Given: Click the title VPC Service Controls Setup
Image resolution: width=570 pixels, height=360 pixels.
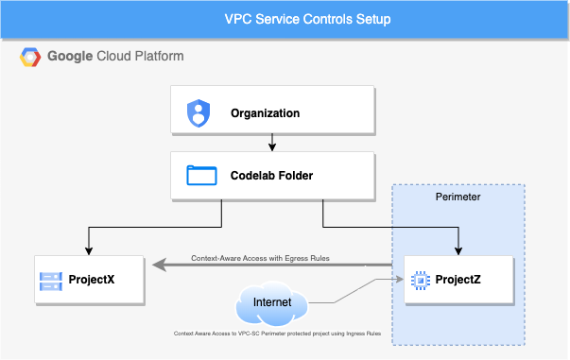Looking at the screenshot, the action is (307, 19).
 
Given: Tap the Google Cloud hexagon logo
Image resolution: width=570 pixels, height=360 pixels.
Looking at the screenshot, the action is (30, 57).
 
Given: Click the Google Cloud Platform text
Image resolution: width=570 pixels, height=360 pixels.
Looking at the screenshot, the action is (115, 57).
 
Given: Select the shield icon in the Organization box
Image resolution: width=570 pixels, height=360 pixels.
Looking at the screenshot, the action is (199, 113).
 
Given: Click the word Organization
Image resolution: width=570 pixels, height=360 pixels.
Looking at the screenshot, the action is (265, 113).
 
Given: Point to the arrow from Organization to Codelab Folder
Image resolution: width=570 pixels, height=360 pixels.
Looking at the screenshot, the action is (272, 143).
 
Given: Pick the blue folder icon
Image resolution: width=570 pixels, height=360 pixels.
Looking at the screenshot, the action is (201, 176).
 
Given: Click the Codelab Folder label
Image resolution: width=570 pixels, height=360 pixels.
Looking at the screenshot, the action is (271, 176).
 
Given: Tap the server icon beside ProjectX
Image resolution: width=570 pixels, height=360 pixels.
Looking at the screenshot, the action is (51, 282).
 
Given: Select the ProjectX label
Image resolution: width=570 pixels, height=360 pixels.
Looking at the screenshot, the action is (92, 280).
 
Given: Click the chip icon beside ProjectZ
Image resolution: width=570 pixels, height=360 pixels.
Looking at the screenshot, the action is (421, 281).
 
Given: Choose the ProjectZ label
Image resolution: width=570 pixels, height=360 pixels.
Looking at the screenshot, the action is (458, 280).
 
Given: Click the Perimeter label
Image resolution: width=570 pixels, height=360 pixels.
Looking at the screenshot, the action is (458, 197).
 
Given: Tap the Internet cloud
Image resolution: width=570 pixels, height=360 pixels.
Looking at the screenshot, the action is (272, 303).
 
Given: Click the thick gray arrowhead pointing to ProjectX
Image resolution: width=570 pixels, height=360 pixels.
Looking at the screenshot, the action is (159, 265).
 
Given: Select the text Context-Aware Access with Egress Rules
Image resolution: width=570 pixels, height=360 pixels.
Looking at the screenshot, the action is (260, 258).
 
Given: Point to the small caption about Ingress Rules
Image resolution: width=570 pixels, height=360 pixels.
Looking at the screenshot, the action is (277, 334).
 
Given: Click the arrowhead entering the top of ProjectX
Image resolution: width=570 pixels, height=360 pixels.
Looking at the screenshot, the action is (89, 251).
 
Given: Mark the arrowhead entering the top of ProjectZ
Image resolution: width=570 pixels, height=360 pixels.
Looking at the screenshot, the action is (458, 251).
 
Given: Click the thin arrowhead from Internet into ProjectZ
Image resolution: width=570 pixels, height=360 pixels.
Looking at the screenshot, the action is (400, 279).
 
